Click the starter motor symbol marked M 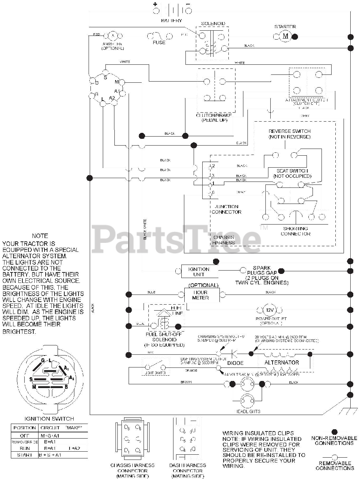point(286,36)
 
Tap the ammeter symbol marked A point(113,36)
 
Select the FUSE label point(159,42)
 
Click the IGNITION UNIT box point(199,271)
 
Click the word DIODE point(235,363)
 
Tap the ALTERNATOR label point(281,362)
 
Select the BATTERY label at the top point(172,21)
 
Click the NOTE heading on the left point(40,236)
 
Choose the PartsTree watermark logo point(176,237)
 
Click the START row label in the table point(24,455)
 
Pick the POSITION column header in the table point(25,428)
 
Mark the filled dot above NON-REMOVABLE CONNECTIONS point(334,432)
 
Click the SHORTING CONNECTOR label point(295,231)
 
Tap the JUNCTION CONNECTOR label point(227,209)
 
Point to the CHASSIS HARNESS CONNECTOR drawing point(132,438)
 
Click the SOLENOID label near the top point(213,24)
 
